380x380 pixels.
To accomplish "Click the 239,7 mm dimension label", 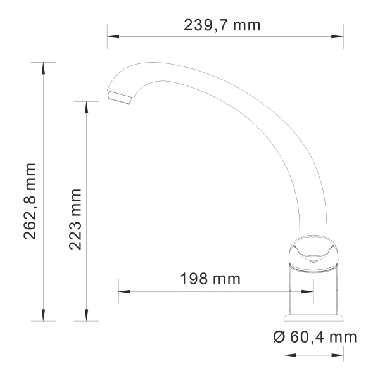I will coord(222,25).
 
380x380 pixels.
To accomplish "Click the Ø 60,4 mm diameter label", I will coord(315,336).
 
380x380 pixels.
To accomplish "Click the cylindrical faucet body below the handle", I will coord(313,288).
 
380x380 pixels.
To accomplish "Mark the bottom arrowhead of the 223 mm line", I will coord(87,316).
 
